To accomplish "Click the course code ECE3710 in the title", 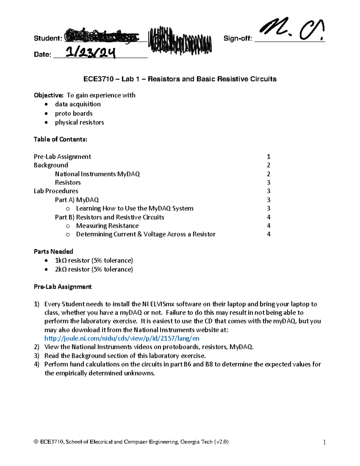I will pyautogui.click(x=98, y=79).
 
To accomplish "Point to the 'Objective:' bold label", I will pyautogui.click(x=49, y=95).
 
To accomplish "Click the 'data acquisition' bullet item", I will pyautogui.click(x=78, y=104).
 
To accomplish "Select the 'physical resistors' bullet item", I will pyautogui.click(x=79, y=122).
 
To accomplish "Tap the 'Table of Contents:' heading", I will pyautogui.click(x=60, y=139).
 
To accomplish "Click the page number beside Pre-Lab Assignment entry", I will pyautogui.click(x=268, y=157).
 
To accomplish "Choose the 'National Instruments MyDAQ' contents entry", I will pyautogui.click(x=97, y=174).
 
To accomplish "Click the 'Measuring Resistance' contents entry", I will pyautogui.click(x=107, y=226).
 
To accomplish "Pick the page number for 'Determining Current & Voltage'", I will pyautogui.click(x=268, y=234).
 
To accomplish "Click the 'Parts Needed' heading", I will pyautogui.click(x=53, y=251).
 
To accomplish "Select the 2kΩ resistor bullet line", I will pyautogui.click(x=94, y=269).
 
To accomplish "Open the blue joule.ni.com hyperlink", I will pyautogui.click(x=121, y=338).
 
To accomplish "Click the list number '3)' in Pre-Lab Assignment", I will pyautogui.click(x=37, y=356).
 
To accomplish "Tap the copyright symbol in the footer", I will pyautogui.click(x=36, y=442).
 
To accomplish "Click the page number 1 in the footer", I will pyautogui.click(x=324, y=442).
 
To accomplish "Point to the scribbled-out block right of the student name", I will pyautogui.click(x=180, y=41).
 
